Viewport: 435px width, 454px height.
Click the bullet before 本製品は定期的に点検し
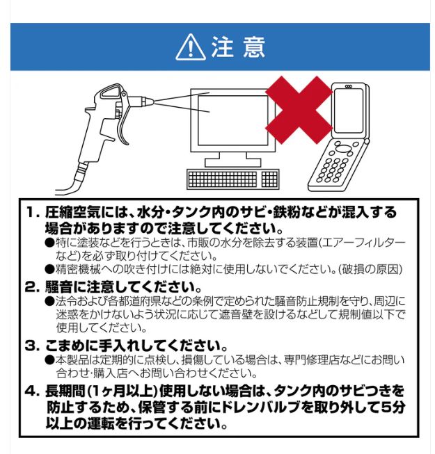point(49,359)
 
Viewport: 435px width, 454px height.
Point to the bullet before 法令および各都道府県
point(49,300)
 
